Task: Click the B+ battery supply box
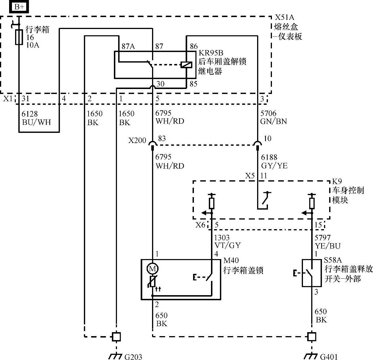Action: point(19,7)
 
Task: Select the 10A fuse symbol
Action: point(19,37)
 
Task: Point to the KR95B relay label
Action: point(211,53)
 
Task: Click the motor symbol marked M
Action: point(153,268)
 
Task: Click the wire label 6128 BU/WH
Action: point(36,118)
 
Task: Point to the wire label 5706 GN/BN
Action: point(273,117)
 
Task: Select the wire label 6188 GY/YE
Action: point(274,162)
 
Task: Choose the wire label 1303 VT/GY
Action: point(227,241)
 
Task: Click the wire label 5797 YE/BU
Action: point(327,242)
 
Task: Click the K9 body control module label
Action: point(337,181)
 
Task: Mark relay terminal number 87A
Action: point(128,46)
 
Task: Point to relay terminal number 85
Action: point(194,84)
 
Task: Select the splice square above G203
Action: point(116,337)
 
